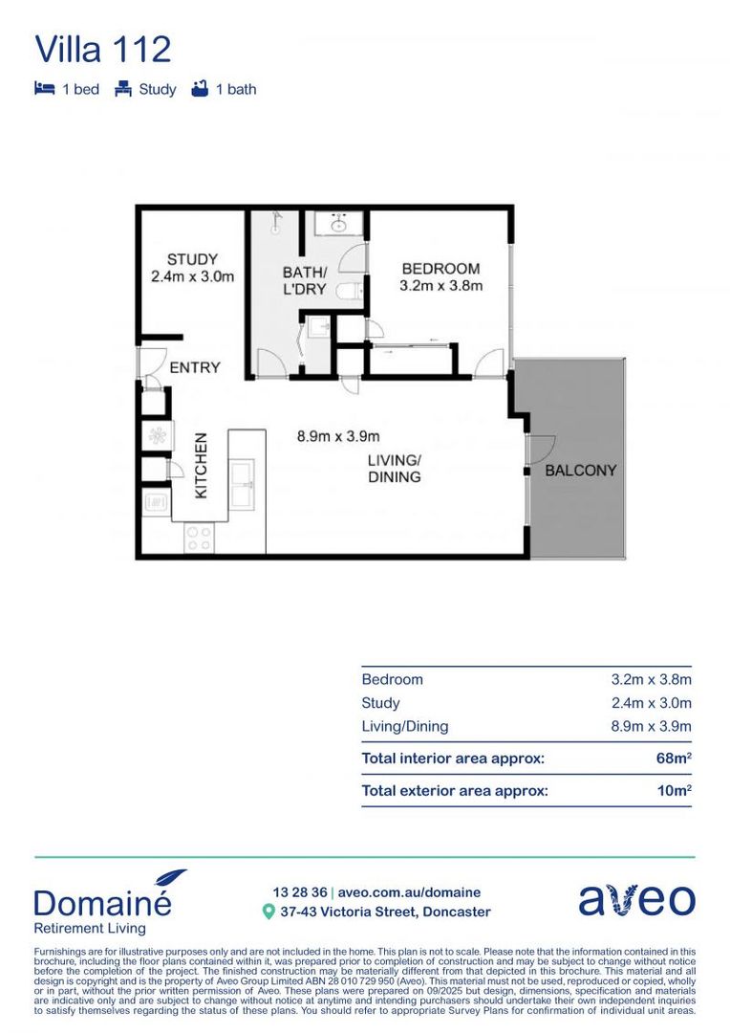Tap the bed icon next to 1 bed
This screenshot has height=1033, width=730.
point(44,89)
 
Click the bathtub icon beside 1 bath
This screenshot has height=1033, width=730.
point(200,89)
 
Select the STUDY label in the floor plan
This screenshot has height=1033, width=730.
point(192,259)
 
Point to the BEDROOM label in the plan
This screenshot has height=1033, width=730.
point(440,268)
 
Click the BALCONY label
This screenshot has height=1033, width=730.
point(580,471)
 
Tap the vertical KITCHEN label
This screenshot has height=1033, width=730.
point(202,466)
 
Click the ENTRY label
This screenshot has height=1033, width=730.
point(195,367)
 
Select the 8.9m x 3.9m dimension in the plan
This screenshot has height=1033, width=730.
point(338,436)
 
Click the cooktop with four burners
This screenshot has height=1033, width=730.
point(199,538)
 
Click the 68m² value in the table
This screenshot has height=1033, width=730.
point(675,758)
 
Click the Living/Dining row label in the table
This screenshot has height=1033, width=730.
point(404,726)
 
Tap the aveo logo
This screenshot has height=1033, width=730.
point(636,899)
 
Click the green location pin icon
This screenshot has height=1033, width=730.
point(268,912)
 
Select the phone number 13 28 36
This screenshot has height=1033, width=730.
point(299,891)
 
